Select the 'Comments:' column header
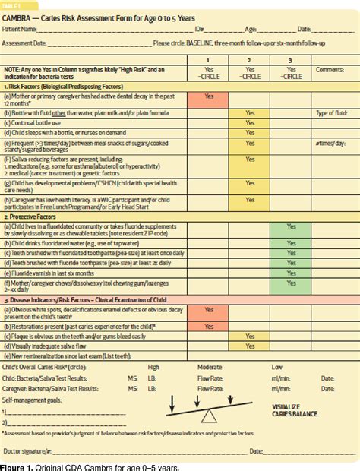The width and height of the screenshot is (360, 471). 330,69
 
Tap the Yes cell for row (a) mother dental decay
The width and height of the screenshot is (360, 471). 209,96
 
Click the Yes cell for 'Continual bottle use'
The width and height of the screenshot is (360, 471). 250,122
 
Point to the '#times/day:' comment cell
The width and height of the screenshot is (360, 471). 330,142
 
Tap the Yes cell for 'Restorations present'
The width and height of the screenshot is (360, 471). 209,326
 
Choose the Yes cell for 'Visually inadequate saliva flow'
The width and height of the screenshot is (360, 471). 250,346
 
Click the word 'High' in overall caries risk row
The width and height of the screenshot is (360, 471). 153,366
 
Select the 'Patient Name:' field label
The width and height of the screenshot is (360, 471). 21,29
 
